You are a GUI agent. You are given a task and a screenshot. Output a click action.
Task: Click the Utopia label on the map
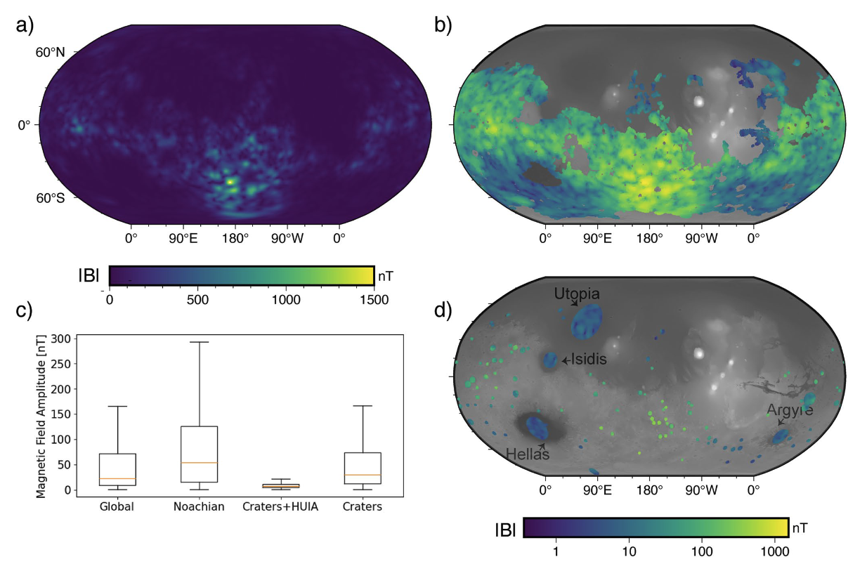(576, 293)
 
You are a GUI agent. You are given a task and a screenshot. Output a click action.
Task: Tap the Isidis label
(589, 360)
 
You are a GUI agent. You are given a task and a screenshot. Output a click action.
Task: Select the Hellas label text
(528, 454)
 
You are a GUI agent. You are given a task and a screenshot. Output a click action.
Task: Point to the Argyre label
(790, 410)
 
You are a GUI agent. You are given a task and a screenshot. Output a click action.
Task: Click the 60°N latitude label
(51, 52)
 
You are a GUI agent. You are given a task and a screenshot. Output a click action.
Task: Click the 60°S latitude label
(51, 198)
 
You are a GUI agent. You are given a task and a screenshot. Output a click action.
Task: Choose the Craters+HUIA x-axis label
(281, 506)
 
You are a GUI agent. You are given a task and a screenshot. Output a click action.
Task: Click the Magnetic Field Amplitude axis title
(41, 415)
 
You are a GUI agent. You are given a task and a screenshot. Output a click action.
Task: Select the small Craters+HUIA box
(281, 485)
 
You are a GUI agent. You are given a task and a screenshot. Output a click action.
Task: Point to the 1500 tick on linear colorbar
(372, 298)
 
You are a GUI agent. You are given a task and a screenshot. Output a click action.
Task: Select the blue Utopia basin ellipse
(587, 322)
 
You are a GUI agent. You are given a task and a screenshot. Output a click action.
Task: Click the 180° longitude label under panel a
(235, 237)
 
